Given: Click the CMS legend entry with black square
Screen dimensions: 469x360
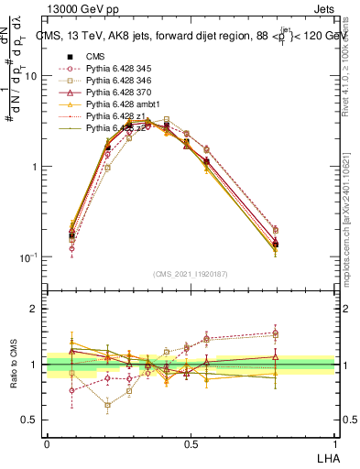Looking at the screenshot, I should [96, 57].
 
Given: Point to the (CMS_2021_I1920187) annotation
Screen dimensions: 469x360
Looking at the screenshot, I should [190, 272].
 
